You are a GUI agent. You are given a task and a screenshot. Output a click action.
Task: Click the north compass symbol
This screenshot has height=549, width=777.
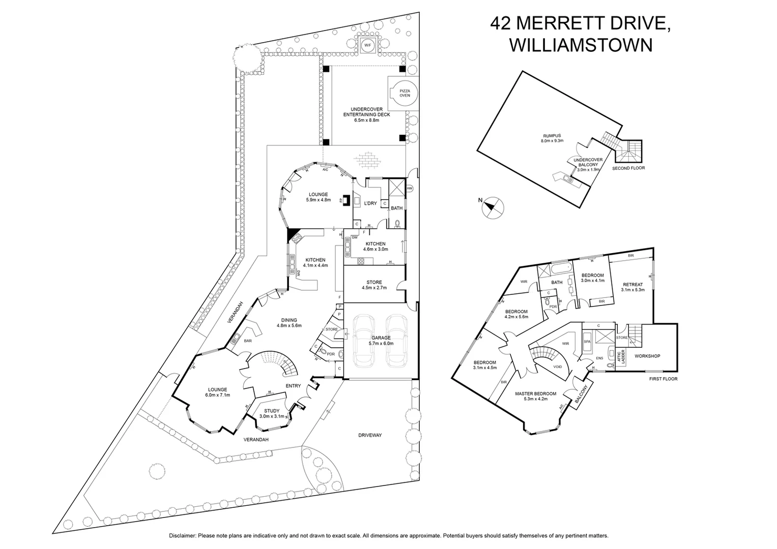(x=492, y=207)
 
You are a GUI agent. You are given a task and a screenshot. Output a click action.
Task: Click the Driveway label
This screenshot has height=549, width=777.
(x=369, y=435)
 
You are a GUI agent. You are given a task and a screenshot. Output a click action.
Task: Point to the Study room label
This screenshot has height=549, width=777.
(x=272, y=411)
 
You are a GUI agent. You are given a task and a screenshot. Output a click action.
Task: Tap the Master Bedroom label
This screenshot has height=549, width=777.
(x=535, y=393)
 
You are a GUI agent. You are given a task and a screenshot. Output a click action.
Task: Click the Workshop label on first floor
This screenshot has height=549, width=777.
(x=647, y=356)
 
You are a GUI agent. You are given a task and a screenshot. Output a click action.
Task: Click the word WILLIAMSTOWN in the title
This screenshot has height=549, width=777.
(x=581, y=45)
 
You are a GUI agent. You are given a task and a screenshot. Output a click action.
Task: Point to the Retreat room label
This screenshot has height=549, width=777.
(x=632, y=285)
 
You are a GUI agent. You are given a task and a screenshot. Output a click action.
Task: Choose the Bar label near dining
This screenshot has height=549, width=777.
(x=248, y=341)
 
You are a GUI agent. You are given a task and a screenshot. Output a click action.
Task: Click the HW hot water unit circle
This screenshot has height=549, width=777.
(x=410, y=189)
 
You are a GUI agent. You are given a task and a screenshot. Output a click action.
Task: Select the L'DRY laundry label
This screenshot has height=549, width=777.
(x=370, y=203)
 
